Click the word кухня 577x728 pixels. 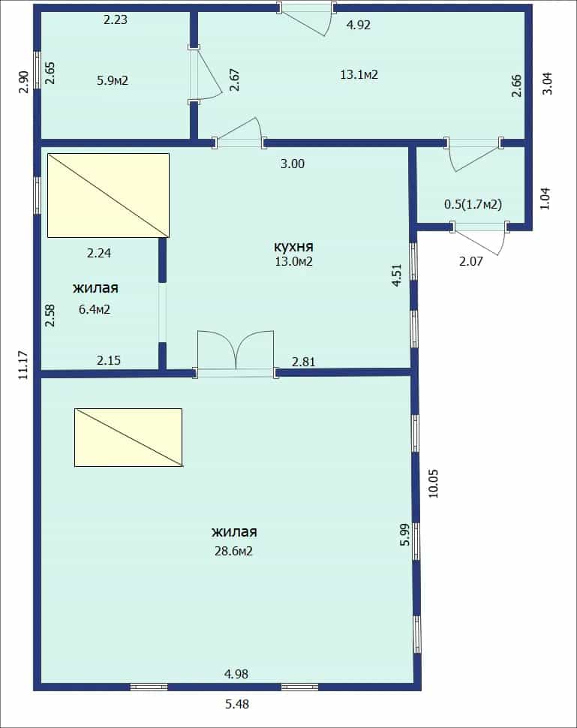[294, 246]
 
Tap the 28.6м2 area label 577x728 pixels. [233, 551]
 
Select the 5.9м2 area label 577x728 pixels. [113, 80]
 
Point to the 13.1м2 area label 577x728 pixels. [359, 74]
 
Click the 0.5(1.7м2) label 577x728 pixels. [473, 204]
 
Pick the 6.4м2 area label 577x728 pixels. [95, 309]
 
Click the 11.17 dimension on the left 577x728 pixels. [24, 365]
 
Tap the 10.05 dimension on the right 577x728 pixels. [433, 484]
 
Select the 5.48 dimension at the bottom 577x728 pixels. [237, 704]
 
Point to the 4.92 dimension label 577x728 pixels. [359, 25]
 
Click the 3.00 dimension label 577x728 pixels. [293, 164]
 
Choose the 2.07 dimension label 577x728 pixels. [471, 261]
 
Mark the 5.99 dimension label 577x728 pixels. [405, 534]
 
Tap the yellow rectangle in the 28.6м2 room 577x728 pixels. [128, 438]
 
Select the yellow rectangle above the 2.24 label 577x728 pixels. [108, 195]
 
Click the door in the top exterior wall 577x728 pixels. [306, 19]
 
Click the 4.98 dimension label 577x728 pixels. [236, 674]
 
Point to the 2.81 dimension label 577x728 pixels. [304, 361]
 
